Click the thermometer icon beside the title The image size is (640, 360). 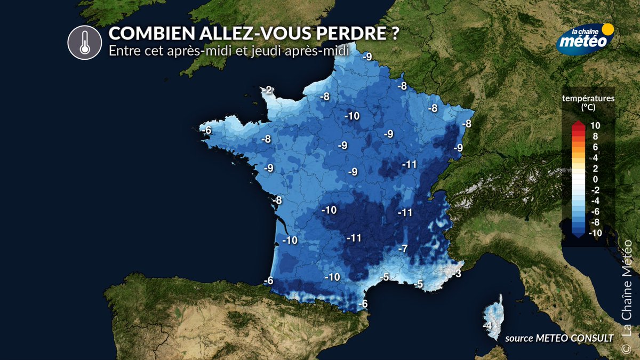click(84, 42)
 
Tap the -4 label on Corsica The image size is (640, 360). click(486, 325)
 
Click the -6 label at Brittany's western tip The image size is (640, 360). click(207, 130)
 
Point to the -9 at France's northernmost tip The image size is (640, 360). click(367, 57)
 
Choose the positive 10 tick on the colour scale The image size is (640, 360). click(595, 126)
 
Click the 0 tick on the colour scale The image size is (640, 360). click(594, 179)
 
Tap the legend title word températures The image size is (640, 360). click(588, 98)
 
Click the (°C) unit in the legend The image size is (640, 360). click(588, 107)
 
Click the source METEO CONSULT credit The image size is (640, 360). click(559, 337)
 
